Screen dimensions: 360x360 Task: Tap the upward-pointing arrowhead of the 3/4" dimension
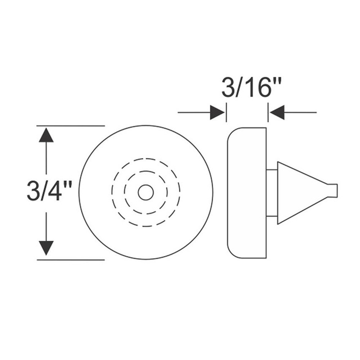[x=46, y=135]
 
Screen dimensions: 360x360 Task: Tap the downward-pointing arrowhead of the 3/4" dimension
[x=46, y=248]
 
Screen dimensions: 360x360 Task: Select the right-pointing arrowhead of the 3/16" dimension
[x=217, y=112]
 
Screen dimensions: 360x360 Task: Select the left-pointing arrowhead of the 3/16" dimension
[x=277, y=112]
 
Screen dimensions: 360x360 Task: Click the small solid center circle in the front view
[x=146, y=192]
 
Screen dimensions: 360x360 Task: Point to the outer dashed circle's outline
[x=146, y=158]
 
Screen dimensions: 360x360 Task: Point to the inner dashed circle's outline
[x=146, y=171]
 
